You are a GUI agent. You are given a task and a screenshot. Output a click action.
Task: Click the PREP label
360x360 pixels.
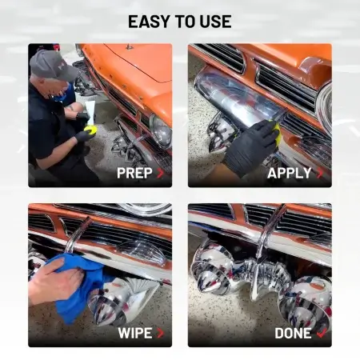[x=134, y=173]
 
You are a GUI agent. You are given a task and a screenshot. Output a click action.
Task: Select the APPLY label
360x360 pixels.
[x=290, y=173]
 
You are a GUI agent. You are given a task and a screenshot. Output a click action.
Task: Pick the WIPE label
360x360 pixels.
[x=135, y=333]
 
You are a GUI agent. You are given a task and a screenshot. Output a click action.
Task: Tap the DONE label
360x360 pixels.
[x=293, y=333]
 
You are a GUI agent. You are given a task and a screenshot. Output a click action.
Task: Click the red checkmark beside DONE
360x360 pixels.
[x=322, y=333]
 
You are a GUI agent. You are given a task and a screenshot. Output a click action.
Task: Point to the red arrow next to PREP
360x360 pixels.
[x=160, y=173]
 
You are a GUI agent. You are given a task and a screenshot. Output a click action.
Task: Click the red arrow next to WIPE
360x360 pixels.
[x=160, y=333]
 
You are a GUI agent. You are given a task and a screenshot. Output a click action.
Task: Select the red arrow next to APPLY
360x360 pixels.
[x=320, y=173]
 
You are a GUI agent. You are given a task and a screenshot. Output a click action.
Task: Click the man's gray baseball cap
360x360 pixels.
[x=51, y=65]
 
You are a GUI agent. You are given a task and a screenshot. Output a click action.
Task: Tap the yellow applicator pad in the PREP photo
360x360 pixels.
[x=90, y=130]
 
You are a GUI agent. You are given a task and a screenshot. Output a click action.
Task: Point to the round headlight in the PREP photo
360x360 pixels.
[x=161, y=131]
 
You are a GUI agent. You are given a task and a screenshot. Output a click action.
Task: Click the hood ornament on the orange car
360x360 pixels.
[x=130, y=47]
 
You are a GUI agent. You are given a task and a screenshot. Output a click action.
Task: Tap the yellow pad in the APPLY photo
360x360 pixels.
[x=276, y=131]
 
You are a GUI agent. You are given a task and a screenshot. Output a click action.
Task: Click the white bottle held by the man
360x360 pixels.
[x=90, y=112]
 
